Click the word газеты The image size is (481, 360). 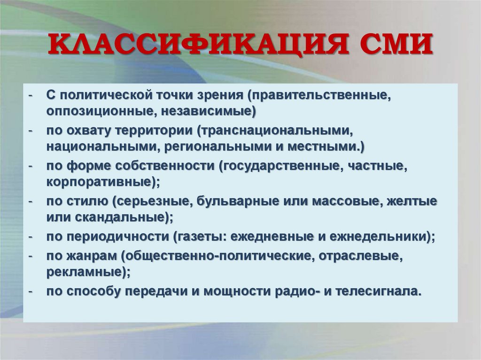(x=196, y=237)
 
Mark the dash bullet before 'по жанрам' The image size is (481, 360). (x=31, y=256)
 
